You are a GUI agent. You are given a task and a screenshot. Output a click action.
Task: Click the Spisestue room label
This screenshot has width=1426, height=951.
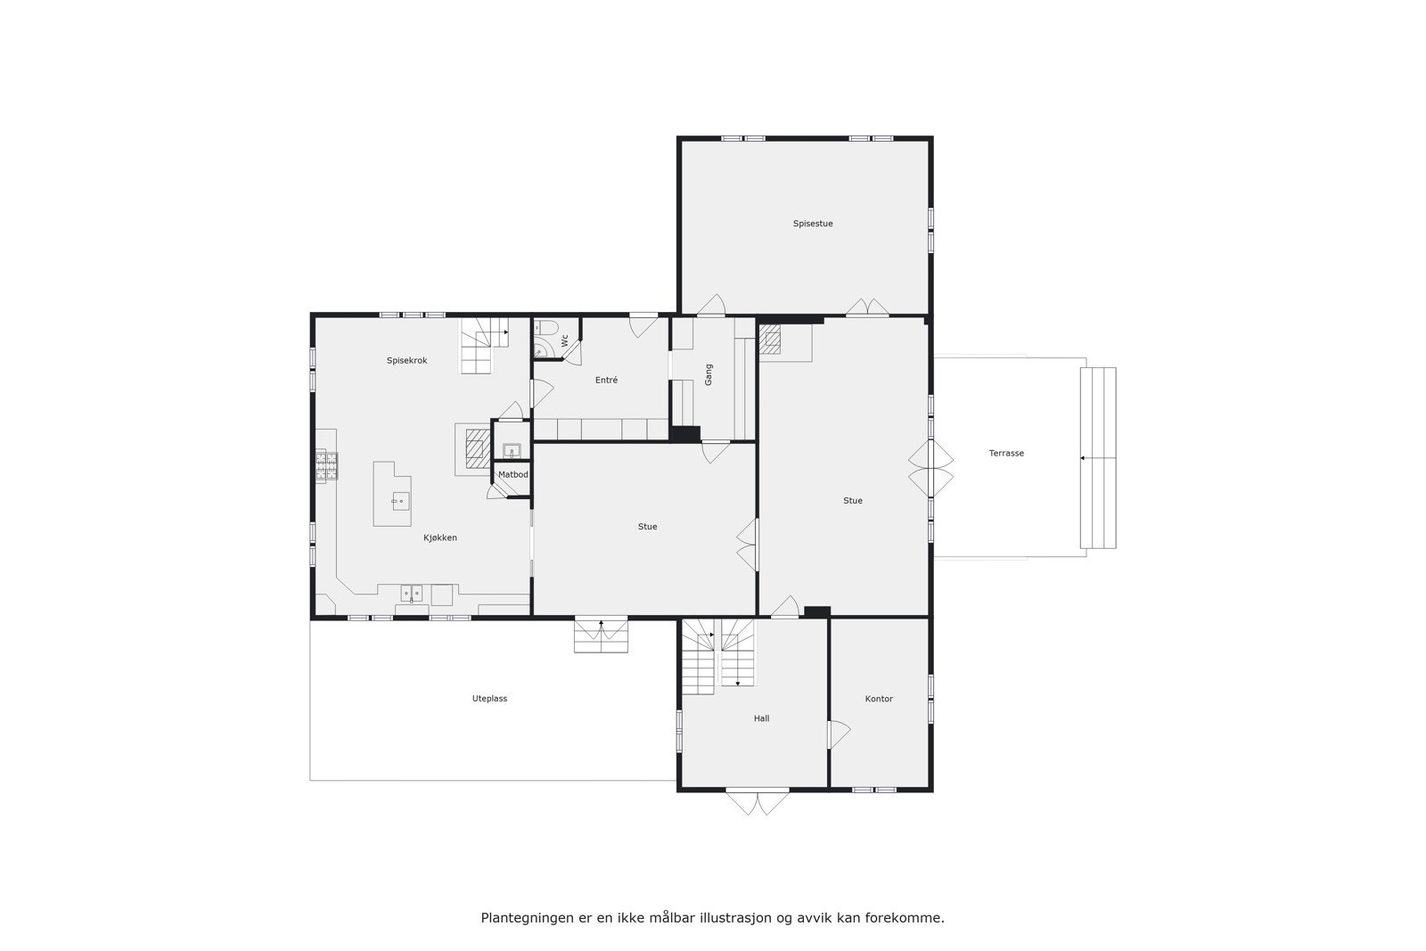pos(813,224)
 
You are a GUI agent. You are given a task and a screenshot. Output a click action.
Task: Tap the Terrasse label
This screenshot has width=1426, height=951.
pos(1006,454)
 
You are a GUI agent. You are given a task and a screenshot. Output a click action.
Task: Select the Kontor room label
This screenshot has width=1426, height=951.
pos(879,699)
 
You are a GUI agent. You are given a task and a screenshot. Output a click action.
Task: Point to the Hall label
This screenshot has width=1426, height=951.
pos(761,718)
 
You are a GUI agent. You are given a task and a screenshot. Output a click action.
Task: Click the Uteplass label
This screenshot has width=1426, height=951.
pos(489,699)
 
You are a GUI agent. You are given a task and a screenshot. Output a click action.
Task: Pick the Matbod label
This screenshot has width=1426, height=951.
pos(512,475)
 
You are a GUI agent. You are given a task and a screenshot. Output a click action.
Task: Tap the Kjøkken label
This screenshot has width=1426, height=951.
pos(440,538)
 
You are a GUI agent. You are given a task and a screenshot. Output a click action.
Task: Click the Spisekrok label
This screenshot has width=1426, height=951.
pos(406,361)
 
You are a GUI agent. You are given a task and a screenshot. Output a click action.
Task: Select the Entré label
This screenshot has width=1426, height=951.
pos(606,381)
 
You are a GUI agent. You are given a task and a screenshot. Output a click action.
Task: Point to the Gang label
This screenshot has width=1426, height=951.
pos(709,374)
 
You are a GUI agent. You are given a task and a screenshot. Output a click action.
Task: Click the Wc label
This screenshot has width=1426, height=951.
pos(565,340)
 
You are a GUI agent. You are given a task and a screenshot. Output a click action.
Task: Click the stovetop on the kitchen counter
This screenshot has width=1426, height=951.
pos(326,465)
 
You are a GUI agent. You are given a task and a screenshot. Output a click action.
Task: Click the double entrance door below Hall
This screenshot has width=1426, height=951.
pos(758,802)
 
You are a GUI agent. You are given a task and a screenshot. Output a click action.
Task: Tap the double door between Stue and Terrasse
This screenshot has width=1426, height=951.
pos(931,469)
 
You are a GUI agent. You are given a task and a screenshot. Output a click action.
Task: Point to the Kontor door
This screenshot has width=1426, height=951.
pos(839,734)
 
